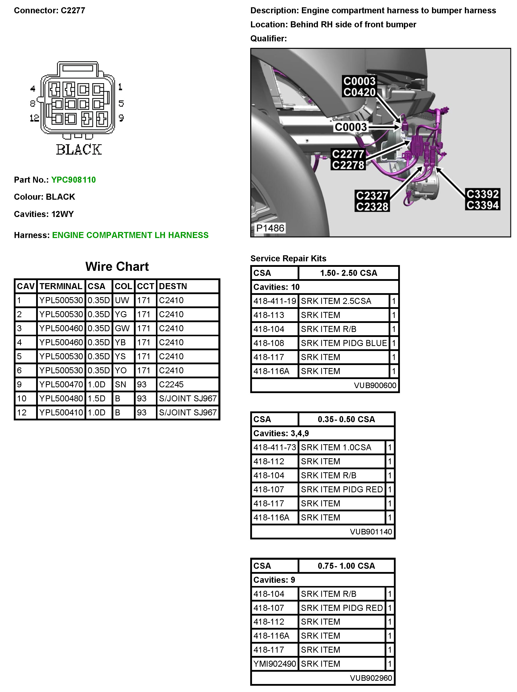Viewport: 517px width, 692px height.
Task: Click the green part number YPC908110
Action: tap(73, 180)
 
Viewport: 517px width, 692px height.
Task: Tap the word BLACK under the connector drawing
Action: tap(79, 150)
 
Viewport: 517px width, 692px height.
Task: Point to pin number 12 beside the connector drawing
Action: tap(34, 118)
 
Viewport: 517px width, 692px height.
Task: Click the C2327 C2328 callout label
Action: tap(372, 201)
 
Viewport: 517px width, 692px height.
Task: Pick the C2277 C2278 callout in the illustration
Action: tap(348, 160)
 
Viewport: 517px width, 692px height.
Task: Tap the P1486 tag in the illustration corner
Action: tap(270, 228)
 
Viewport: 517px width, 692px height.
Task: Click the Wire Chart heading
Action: tap(117, 266)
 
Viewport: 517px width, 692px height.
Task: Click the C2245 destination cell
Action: tap(171, 384)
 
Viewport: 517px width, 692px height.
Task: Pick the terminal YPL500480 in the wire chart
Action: tap(61, 398)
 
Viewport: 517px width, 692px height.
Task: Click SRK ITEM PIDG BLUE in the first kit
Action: tap(344, 343)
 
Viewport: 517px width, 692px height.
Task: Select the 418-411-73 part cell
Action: tap(275, 447)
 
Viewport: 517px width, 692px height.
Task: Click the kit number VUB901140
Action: tap(371, 532)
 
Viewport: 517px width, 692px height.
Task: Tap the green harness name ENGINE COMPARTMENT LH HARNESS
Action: tap(130, 235)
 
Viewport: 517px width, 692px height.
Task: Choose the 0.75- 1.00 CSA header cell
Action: tap(346, 566)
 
